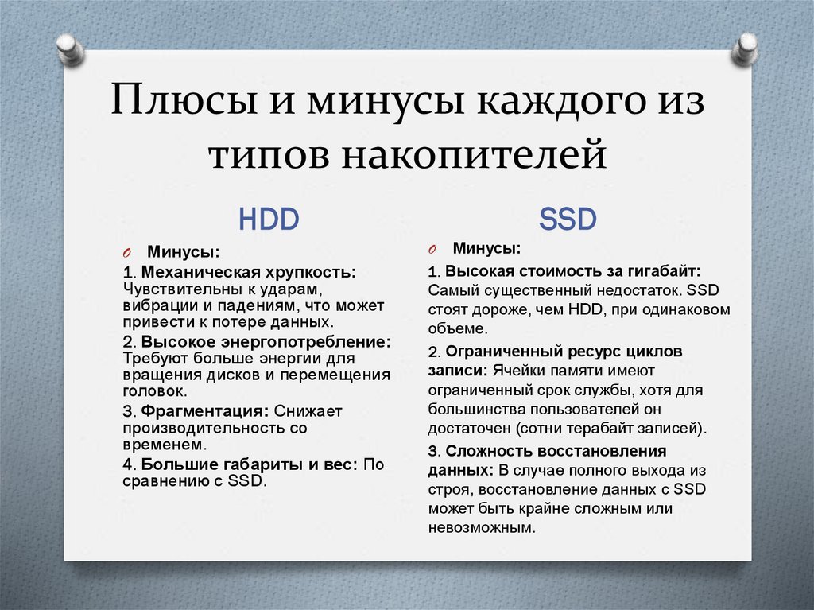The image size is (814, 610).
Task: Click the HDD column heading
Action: pyautogui.click(x=269, y=219)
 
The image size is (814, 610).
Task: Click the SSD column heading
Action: pyautogui.click(x=568, y=219)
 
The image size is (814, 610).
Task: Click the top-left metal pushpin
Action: pyautogui.click(x=71, y=49)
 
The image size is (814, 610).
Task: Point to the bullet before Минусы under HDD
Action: pyautogui.click(x=127, y=252)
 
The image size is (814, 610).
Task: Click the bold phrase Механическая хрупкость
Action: pyautogui.click(x=248, y=272)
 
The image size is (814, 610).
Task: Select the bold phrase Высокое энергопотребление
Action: pyautogui.click(x=266, y=341)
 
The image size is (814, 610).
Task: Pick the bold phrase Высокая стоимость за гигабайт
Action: pyautogui.click(x=572, y=270)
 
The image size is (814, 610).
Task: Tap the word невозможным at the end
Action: pyautogui.click(x=480, y=527)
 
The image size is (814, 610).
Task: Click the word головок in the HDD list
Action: pyautogui.click(x=153, y=391)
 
